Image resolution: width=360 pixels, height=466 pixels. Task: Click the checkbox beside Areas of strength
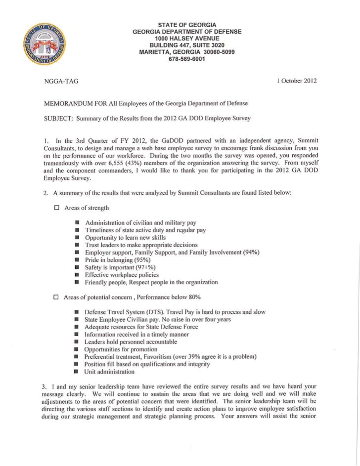[56, 208]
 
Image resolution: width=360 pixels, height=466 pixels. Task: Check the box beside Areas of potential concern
[56, 297]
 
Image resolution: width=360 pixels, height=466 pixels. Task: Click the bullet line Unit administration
[109, 371]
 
